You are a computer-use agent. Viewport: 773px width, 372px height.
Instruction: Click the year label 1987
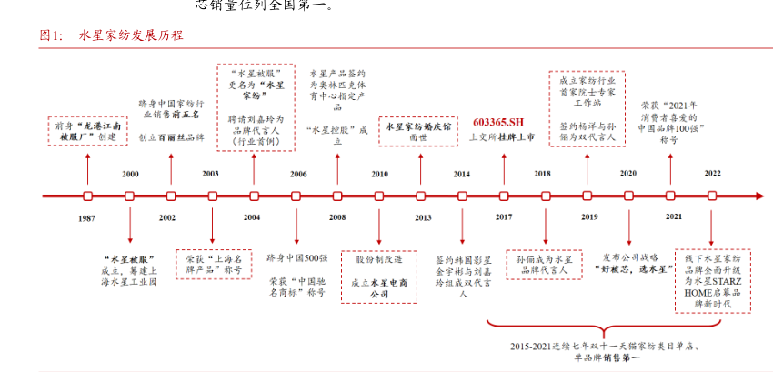click(87, 217)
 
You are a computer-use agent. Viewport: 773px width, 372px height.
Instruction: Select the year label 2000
click(130, 173)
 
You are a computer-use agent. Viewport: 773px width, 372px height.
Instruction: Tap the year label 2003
click(211, 173)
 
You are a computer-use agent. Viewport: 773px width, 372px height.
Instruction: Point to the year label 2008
click(337, 217)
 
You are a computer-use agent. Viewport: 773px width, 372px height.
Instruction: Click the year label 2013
click(423, 217)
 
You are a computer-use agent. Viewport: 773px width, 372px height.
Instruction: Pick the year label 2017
click(503, 217)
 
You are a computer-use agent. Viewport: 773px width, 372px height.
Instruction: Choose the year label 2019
click(589, 217)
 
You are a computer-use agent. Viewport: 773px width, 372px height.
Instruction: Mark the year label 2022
click(712, 173)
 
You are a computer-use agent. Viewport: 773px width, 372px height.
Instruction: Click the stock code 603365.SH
click(500, 122)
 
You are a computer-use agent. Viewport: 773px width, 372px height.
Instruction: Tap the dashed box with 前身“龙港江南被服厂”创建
click(87, 132)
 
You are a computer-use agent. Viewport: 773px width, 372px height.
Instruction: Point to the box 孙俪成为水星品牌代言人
click(543, 264)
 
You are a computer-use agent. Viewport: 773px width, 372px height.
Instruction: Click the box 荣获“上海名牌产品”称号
click(213, 264)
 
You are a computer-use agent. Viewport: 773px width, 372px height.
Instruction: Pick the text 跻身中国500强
click(296, 258)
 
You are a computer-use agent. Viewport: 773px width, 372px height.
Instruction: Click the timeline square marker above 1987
click(87, 196)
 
